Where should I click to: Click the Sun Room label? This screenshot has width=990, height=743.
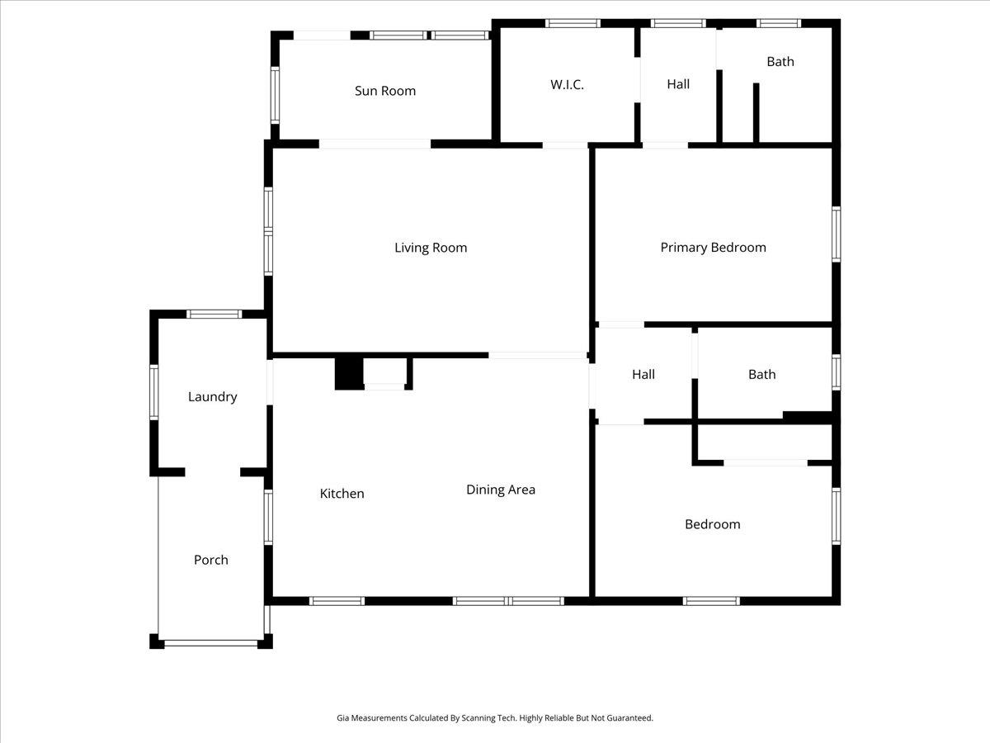[x=385, y=91]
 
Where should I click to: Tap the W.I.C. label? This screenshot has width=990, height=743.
[x=567, y=84]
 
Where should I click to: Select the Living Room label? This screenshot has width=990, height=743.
[x=431, y=248]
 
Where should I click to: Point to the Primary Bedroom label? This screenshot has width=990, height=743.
[x=713, y=248]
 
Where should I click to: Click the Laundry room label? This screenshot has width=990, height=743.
[x=212, y=397]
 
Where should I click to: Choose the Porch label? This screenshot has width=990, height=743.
[x=210, y=560]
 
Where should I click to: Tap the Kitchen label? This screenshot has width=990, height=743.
[x=342, y=494]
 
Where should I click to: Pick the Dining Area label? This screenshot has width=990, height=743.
[x=500, y=490]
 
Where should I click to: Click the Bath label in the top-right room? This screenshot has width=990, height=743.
[x=780, y=62]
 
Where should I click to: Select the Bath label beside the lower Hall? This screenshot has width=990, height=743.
[x=761, y=375]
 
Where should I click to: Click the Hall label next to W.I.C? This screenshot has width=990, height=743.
[x=678, y=84]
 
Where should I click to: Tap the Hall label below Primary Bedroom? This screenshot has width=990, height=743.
[x=643, y=375]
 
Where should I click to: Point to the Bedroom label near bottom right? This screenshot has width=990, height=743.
[x=712, y=524]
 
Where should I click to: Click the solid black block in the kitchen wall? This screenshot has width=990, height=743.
[x=348, y=372]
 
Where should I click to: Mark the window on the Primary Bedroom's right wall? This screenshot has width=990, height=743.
[x=836, y=234]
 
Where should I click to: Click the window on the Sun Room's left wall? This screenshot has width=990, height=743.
[x=275, y=95]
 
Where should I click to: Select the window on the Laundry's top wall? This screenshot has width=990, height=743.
[x=214, y=314]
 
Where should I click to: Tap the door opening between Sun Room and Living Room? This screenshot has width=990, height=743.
[x=375, y=144]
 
